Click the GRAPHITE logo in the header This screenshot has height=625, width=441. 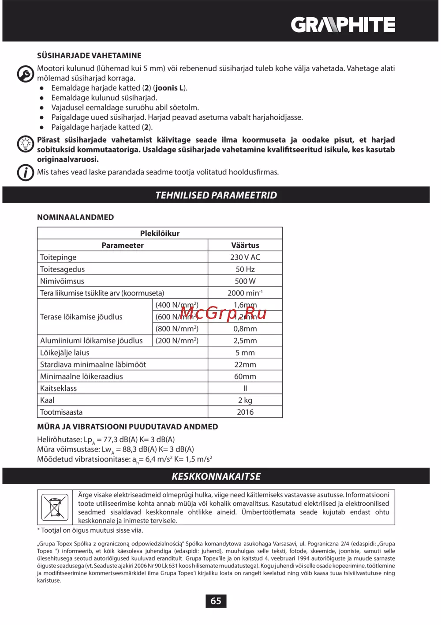click(343, 25)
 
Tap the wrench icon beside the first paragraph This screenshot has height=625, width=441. click(26, 74)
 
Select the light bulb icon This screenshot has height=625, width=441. click(26, 144)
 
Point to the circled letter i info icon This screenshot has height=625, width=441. click(26, 172)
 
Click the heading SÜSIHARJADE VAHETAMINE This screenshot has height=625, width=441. click(89, 56)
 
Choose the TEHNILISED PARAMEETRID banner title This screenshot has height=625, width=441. click(216, 195)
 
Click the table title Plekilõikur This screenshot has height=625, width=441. click(160, 233)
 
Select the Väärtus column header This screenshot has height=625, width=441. click(245, 245)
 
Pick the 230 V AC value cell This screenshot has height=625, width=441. click(245, 257)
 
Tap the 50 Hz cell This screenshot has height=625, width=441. click(245, 269)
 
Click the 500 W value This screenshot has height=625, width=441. click(245, 281)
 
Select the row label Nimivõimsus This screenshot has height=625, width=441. click(62, 281)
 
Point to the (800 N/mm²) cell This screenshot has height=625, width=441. click(177, 329)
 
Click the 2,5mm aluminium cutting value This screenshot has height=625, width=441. click(245, 341)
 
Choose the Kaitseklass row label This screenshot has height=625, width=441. click(58, 388)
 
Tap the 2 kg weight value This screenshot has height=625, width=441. click(245, 400)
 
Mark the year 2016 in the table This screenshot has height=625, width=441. click(245, 412)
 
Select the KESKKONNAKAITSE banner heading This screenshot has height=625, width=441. click(216, 476)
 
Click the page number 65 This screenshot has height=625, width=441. click(216, 601)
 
